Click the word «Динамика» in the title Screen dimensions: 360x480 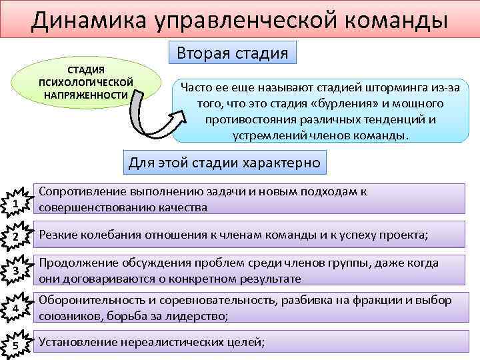pos(78,20)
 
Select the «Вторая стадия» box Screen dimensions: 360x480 pos(232,52)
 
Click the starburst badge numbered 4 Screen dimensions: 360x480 pos(15,309)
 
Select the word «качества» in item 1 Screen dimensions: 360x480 pos(183,207)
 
